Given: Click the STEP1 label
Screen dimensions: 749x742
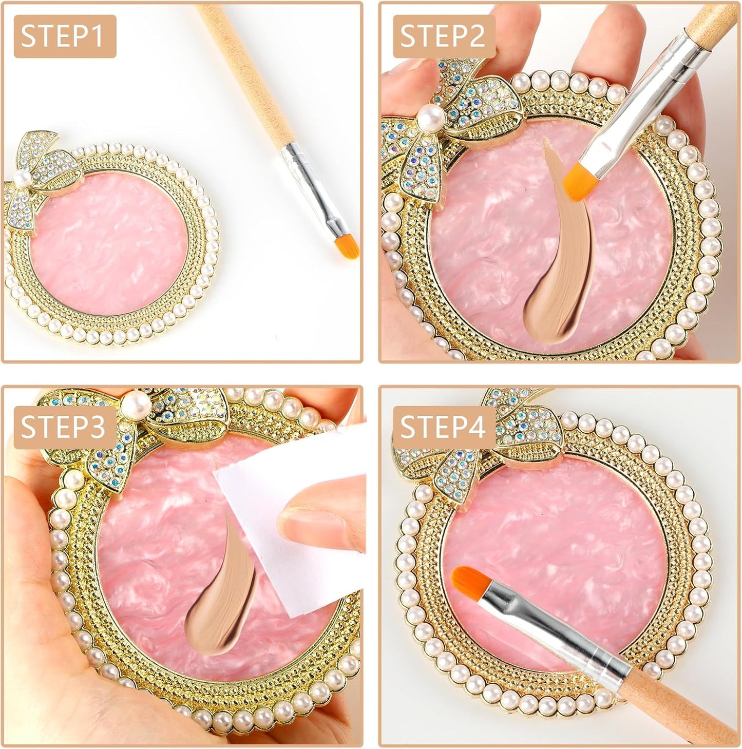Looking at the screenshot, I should tap(65, 36).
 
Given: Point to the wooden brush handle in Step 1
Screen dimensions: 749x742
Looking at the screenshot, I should tap(246, 77).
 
